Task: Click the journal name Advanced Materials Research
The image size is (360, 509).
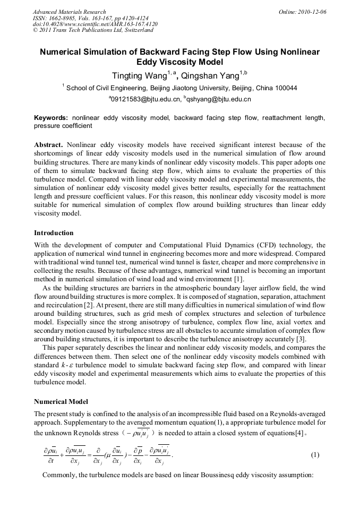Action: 69,12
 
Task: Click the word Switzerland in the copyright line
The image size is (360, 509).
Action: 136,30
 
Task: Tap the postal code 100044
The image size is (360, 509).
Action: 284,88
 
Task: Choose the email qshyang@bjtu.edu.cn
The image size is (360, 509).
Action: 219,99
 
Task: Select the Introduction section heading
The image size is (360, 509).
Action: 54,233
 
